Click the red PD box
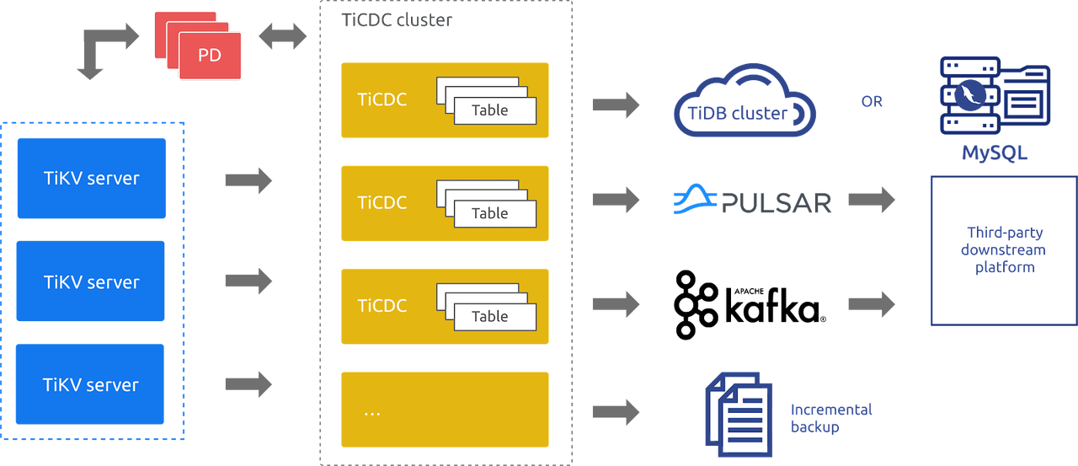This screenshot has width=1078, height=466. [209, 56]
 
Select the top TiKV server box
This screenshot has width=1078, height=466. [91, 179]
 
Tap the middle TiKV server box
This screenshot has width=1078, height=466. [91, 281]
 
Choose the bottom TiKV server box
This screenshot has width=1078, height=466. [91, 385]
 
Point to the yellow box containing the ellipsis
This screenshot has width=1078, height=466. [444, 410]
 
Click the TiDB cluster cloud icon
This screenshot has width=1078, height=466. [744, 105]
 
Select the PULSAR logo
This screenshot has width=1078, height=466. [753, 201]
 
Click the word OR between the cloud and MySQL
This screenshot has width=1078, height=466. [873, 102]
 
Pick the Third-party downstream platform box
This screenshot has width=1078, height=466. [1002, 249]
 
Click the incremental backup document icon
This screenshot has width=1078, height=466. [739, 415]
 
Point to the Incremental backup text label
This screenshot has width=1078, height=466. [831, 418]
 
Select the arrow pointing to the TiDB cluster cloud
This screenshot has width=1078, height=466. [616, 104]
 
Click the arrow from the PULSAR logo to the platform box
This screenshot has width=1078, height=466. [872, 201]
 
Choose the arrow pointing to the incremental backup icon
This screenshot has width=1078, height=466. [616, 411]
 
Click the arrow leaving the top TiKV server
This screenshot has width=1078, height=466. [249, 180]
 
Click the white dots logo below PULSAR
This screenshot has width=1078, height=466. [696, 304]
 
